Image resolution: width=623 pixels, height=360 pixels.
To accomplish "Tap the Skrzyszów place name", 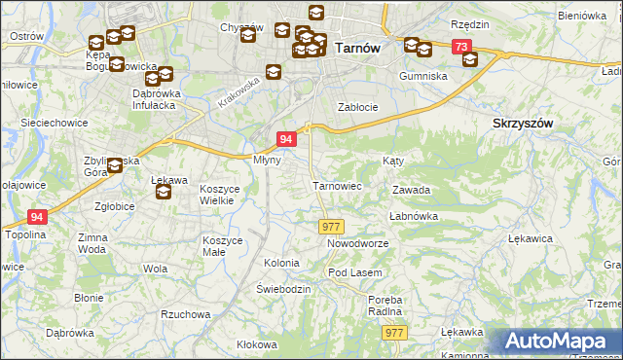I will tap(523, 124).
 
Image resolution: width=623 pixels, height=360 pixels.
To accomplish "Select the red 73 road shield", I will tap(461, 47).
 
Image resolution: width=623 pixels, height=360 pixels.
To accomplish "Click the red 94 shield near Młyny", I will tap(286, 139).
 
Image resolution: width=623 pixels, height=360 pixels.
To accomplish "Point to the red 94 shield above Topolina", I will tap(37, 217).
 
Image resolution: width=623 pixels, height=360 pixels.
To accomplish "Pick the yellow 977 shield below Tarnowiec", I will tap(329, 226).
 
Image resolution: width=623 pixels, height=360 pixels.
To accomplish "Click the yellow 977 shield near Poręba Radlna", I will tap(393, 333).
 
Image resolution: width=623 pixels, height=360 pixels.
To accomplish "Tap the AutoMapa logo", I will tap(561, 341).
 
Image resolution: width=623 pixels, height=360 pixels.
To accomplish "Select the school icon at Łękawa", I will tap(164, 192).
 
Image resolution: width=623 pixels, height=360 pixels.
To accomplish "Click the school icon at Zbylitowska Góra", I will tap(115, 166).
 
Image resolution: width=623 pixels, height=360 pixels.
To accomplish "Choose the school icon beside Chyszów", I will tap(247, 36).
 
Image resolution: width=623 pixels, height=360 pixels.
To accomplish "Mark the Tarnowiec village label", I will tap(337, 185).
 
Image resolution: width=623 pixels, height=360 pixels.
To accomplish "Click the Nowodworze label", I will tap(357, 243).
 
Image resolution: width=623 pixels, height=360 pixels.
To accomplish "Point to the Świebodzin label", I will tap(283, 290).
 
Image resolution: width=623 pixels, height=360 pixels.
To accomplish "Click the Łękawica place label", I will tap(531, 237).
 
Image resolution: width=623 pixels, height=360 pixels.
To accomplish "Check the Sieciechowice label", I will tap(56, 124).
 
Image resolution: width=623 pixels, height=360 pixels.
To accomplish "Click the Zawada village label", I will tap(411, 191).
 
